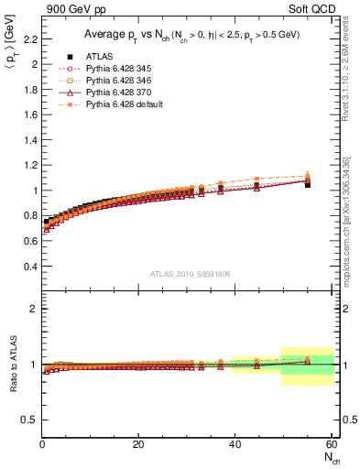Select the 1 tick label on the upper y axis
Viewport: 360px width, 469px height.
34,191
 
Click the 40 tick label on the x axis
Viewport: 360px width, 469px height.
234,444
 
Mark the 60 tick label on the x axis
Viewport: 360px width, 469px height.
329,444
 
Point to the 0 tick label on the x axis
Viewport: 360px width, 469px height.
42,444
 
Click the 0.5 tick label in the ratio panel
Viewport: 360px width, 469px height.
29,420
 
